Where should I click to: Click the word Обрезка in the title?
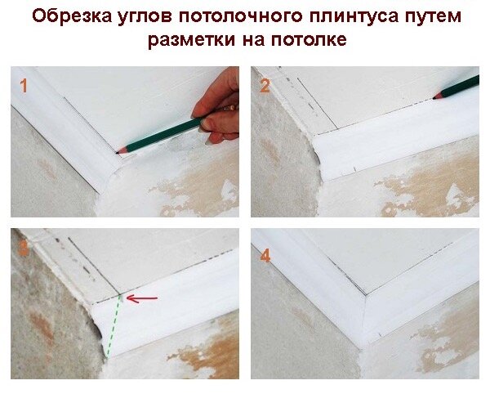point(72,16)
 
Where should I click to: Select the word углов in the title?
point(145,17)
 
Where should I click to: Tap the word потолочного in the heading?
point(240,16)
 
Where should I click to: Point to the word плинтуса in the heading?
point(354,17)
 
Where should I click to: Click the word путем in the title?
point(434,17)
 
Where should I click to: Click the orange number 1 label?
point(24,85)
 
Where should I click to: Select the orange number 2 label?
point(265,86)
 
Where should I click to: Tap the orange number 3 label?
point(24,248)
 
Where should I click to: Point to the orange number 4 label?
point(265,256)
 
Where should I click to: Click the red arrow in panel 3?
point(142,298)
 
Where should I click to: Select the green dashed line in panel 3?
point(114,326)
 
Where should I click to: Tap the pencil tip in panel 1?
point(117,153)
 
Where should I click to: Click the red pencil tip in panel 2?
point(434,98)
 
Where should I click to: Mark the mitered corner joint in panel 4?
point(365,316)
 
